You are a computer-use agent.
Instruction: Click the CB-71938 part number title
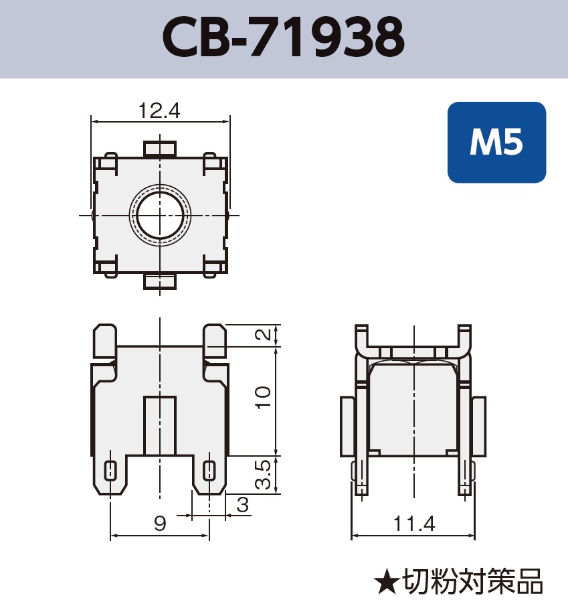(284, 38)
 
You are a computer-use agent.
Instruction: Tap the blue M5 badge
(496, 142)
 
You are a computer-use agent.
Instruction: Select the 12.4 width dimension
(160, 111)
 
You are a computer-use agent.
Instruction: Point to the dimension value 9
(160, 524)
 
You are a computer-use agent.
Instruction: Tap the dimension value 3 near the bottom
(242, 506)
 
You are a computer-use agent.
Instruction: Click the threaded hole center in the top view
(160, 216)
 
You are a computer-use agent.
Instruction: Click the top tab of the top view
(160, 148)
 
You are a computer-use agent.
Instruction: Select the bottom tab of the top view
(160, 282)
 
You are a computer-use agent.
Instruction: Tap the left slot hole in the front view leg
(110, 471)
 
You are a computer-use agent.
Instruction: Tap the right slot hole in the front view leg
(209, 471)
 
